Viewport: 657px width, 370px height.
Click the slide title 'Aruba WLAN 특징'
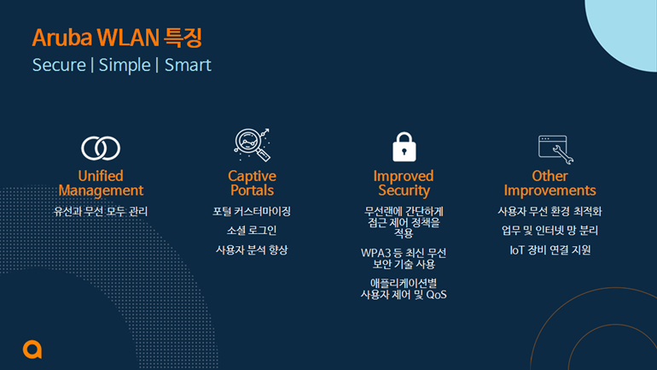[118, 38]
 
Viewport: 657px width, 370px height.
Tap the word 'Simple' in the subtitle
[125, 65]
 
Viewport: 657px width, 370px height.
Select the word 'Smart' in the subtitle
[188, 65]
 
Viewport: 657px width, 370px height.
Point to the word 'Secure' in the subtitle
[59, 65]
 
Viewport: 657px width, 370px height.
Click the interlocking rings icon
[101, 148]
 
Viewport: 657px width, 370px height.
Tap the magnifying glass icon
[252, 144]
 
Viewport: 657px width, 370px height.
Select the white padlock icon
[404, 147]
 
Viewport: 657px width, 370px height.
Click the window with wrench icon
[555, 149]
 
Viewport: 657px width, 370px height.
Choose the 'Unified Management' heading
[101, 183]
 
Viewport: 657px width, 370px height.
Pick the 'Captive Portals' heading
[252, 183]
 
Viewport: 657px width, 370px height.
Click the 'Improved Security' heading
[404, 183]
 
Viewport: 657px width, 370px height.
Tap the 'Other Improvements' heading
[549, 183]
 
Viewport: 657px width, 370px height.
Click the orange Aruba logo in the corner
[32, 349]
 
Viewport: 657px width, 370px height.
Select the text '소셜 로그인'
[252, 231]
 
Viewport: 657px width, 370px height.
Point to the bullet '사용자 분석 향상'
[252, 250]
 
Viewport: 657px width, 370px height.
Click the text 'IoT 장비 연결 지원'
[549, 250]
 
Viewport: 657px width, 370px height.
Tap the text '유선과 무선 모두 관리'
[101, 211]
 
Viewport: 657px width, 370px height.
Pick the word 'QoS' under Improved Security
[436, 295]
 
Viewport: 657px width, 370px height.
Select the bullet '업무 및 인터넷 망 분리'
[549, 231]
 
